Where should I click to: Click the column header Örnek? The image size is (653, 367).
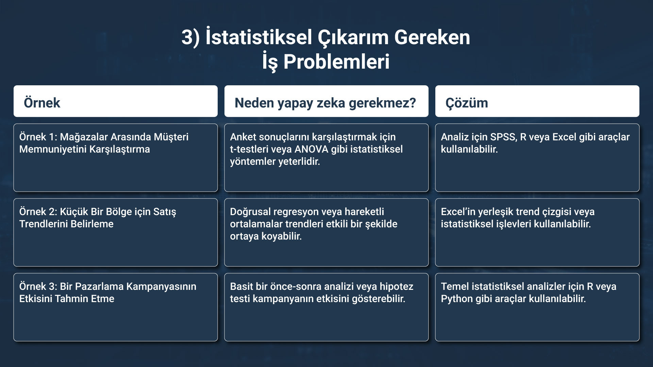point(42,103)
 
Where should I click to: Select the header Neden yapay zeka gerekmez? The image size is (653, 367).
point(325,103)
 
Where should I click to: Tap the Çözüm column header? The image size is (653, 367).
point(467,103)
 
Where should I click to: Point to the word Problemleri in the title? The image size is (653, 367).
point(336,62)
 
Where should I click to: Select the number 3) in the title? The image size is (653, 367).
point(190,37)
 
